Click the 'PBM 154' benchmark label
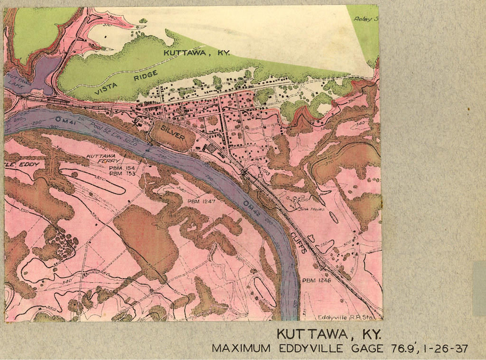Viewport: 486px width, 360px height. [x=122, y=168]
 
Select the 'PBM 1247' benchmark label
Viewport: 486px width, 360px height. [x=201, y=201]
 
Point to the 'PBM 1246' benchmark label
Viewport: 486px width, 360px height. [x=316, y=281]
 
